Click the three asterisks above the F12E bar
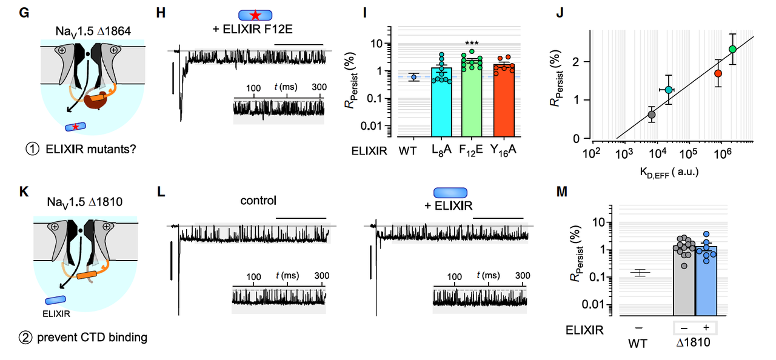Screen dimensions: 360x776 [471, 44]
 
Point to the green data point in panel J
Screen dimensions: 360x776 [732, 49]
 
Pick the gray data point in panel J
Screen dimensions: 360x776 [652, 115]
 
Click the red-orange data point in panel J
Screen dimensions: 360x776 [718, 73]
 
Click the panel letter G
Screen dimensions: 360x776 [24, 11]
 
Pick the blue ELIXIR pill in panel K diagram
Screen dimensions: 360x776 [56, 300]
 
